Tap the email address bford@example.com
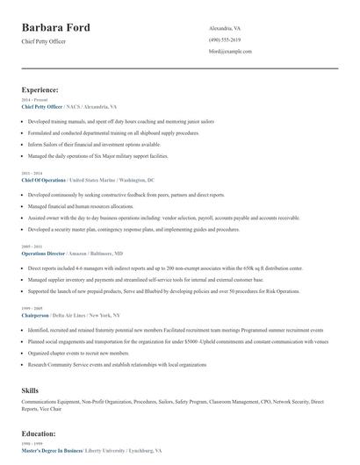231,52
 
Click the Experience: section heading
40,89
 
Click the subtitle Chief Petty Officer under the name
43,41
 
